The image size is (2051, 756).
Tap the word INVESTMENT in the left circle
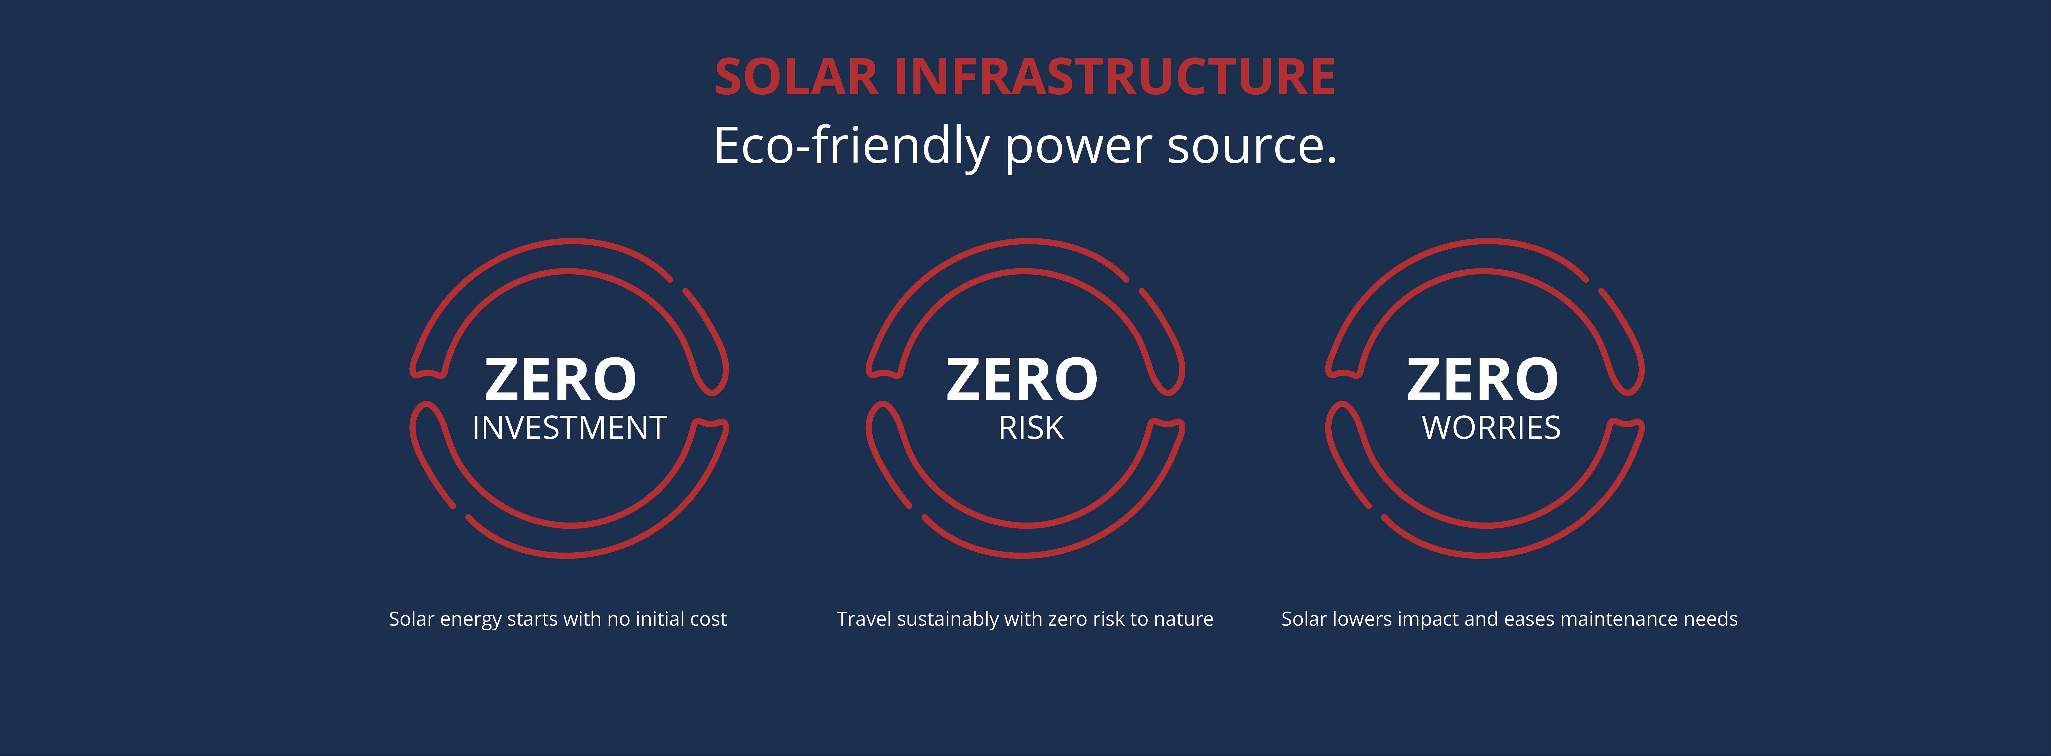click(568, 428)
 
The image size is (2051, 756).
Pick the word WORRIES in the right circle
click(1491, 428)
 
